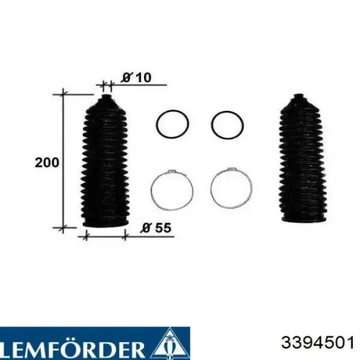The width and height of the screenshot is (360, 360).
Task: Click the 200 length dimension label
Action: tap(47, 163)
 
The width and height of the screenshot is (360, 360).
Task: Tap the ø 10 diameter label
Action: tap(136, 77)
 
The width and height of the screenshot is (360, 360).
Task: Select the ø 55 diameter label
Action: tap(156, 228)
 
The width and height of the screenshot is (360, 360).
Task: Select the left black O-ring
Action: tap(172, 124)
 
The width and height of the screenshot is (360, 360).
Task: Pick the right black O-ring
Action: tap(227, 125)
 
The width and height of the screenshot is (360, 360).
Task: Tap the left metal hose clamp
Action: tap(172, 190)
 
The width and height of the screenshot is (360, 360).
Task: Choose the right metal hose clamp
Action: tap(231, 189)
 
